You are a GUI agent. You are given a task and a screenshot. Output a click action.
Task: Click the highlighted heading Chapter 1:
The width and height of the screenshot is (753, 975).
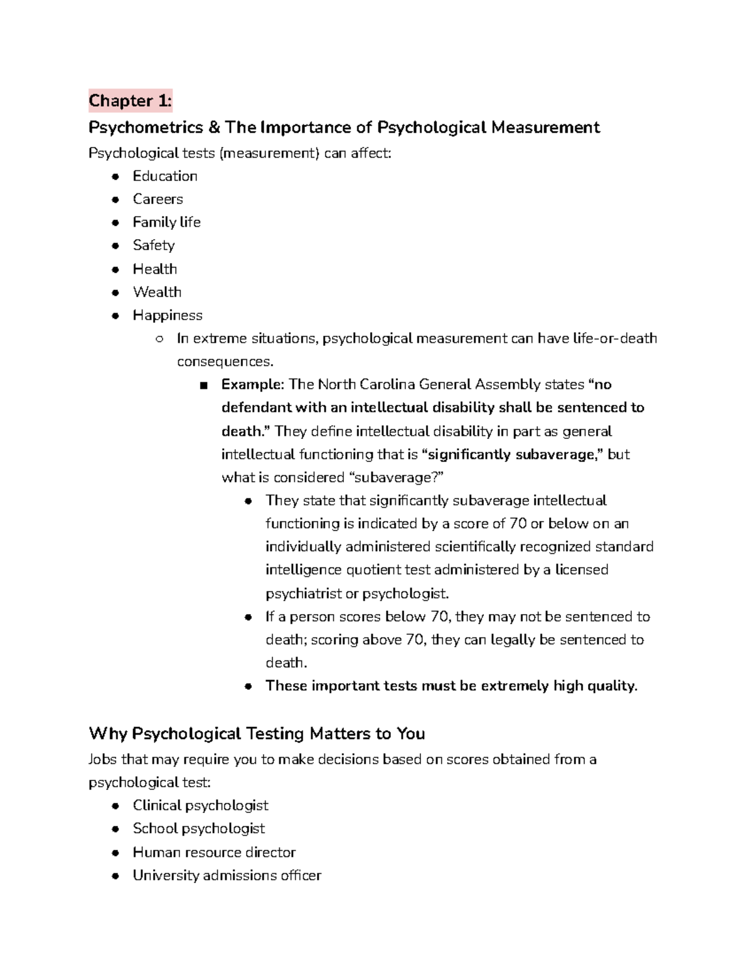click(x=130, y=100)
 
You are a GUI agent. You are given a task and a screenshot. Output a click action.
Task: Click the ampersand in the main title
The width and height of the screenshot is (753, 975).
click(x=214, y=127)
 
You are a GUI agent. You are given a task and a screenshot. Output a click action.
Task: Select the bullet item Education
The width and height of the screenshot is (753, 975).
click(x=165, y=176)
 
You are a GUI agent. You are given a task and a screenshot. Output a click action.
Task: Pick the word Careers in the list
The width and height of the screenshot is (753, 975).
click(x=158, y=199)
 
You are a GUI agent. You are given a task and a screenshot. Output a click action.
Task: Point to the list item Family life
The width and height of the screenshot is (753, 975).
click(x=166, y=222)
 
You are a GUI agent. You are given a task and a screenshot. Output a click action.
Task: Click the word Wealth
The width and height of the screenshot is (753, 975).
click(x=157, y=292)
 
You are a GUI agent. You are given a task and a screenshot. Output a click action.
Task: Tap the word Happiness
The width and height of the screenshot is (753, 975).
click(x=168, y=315)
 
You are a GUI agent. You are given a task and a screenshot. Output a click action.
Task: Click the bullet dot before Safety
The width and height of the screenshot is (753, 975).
click(x=115, y=246)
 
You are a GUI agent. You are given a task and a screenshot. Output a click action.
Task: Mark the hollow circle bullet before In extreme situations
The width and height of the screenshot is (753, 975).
click(x=159, y=339)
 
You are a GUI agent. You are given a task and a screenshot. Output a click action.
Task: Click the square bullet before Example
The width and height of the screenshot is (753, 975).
click(x=203, y=385)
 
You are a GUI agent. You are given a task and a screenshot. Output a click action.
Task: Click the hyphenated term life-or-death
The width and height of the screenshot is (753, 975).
click(x=615, y=338)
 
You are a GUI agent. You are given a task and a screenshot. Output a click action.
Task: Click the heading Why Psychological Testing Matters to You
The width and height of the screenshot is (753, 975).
click(x=257, y=733)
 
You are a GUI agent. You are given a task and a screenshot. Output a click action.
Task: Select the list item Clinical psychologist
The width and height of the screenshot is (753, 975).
click(x=200, y=805)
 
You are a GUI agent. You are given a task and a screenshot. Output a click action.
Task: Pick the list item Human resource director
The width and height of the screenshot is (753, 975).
click(x=214, y=852)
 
